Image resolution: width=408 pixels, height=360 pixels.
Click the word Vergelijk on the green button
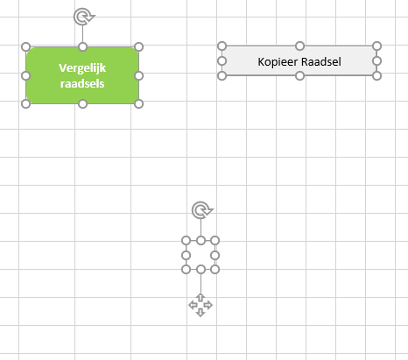coord(82,68)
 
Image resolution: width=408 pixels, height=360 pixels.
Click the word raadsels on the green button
coord(82,84)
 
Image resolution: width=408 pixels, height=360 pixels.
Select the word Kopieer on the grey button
coord(278,62)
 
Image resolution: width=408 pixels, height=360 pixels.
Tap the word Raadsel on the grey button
coord(321,61)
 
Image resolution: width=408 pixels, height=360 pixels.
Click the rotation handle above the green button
coord(84,17)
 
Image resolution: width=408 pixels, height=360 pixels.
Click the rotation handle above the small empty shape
coord(202,210)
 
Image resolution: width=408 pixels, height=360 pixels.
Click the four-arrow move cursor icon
coord(200,305)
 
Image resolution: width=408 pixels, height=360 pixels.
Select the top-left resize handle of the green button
coord(26,47)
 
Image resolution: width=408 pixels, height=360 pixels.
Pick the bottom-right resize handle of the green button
coord(138,103)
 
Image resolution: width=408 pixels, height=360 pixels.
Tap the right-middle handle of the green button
coord(138,76)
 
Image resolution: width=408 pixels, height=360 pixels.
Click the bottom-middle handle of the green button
coord(83,103)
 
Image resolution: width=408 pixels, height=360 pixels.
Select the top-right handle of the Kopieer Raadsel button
coord(377,46)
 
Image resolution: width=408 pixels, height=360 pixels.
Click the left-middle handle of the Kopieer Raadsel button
coord(222,61)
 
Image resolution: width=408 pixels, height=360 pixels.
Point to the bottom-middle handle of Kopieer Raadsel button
coord(299,76)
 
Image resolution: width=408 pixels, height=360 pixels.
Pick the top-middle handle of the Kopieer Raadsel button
coord(299,46)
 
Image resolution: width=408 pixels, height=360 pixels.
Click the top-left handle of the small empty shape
coord(186,241)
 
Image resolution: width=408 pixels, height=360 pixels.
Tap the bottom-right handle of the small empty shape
coord(215,270)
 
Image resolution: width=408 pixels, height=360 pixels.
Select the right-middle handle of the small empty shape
coord(215,256)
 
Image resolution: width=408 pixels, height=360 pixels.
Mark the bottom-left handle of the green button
coord(26,103)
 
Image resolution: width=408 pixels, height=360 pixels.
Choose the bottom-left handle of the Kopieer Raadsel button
coord(222,76)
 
